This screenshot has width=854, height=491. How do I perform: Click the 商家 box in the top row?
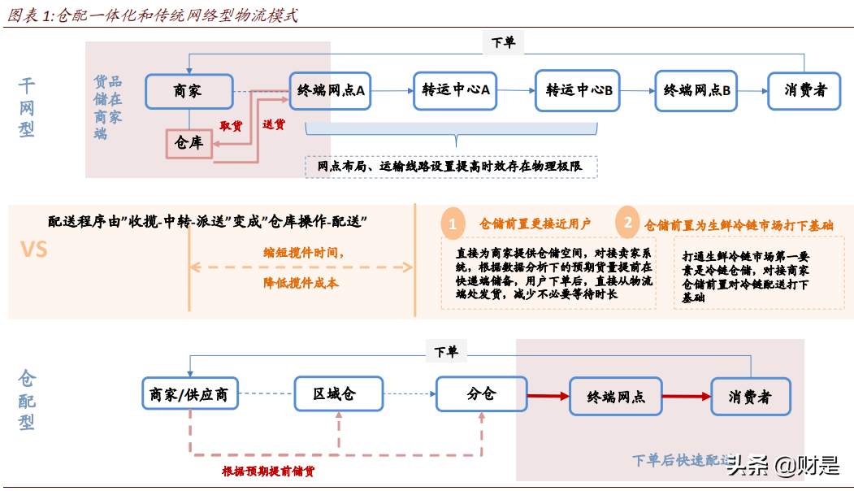click(x=189, y=91)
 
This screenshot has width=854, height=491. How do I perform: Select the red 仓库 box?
click(x=189, y=143)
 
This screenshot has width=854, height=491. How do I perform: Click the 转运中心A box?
click(x=455, y=90)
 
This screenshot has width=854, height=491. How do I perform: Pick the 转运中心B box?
click(x=578, y=90)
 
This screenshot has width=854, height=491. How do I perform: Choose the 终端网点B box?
click(x=696, y=90)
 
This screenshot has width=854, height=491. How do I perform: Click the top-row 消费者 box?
click(x=804, y=90)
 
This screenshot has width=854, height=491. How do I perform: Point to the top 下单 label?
click(x=503, y=42)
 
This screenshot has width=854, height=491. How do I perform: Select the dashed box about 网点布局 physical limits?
click(x=451, y=167)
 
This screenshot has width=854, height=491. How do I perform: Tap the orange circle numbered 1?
click(x=453, y=224)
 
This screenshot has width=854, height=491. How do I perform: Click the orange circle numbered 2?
click(x=626, y=223)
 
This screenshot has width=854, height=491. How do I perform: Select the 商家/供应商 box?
click(x=189, y=396)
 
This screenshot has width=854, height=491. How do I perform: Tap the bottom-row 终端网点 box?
click(x=615, y=398)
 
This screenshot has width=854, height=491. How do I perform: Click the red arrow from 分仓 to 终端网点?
click(x=548, y=397)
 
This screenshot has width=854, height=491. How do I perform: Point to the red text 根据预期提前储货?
click(x=268, y=471)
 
